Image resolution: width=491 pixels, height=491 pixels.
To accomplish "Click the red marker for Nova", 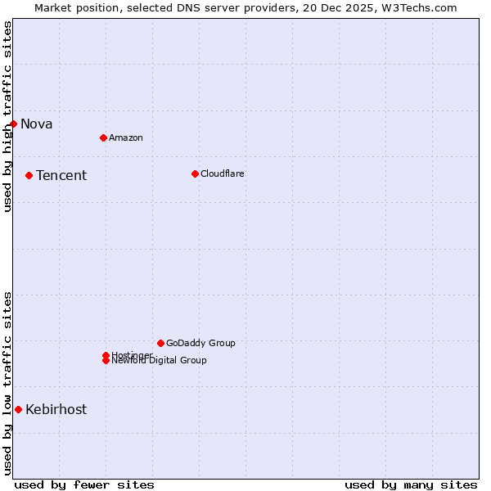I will click(14, 124).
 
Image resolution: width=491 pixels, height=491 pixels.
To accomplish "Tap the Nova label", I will click(37, 124).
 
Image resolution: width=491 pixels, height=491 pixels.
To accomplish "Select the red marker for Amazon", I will click(103, 137).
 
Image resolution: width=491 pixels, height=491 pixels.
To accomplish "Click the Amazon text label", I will click(126, 137).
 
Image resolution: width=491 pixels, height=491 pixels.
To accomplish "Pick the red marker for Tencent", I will click(29, 175).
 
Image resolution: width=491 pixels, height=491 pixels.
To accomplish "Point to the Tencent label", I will click(61, 176).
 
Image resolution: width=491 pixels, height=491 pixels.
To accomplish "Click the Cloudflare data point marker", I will click(195, 173).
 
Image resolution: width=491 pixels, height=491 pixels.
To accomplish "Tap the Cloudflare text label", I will click(223, 173).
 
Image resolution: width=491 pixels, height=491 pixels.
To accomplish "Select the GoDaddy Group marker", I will click(160, 343).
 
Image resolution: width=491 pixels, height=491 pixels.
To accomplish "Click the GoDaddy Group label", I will click(200, 343).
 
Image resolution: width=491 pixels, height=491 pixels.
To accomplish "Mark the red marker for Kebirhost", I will click(18, 409).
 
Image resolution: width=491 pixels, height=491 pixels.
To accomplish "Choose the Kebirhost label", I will click(56, 410).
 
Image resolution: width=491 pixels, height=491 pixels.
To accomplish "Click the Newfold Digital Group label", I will click(160, 361).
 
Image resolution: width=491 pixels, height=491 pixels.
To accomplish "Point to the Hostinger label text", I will click(132, 354).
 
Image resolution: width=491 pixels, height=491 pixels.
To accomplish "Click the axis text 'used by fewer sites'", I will click(84, 484).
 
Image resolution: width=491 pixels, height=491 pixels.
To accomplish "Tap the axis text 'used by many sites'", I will click(411, 484).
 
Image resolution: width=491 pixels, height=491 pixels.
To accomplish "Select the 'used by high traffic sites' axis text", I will click(7, 116).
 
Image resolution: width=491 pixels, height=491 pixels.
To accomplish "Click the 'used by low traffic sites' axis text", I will click(7, 383).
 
